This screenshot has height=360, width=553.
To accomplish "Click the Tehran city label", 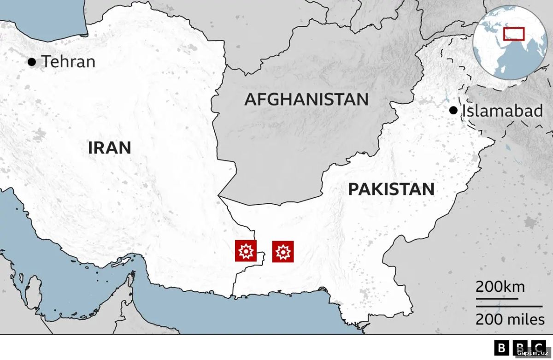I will (x=69, y=61).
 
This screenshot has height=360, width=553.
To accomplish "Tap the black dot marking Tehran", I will (x=32, y=61).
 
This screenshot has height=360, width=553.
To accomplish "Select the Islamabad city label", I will (x=502, y=111).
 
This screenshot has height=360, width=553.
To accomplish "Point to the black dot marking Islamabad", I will (x=453, y=110).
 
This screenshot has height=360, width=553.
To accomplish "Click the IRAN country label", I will (x=110, y=148).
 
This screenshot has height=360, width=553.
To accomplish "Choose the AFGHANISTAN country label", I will (x=306, y=99).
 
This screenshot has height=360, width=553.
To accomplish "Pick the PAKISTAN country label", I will (x=391, y=189).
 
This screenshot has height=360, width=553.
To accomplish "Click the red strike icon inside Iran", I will (x=246, y=251).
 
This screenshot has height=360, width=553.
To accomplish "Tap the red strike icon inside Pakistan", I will (x=283, y=252).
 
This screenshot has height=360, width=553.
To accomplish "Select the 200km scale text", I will (x=500, y=287).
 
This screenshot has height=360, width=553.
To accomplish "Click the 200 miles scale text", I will (x=510, y=319).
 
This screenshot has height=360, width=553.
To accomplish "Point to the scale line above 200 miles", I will (x=509, y=306).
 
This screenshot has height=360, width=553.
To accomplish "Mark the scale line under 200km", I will (x=497, y=298).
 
